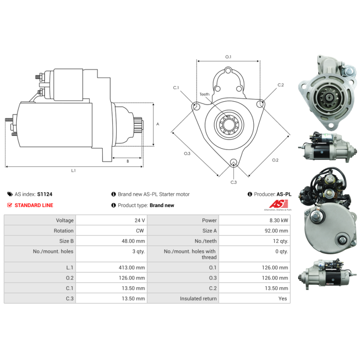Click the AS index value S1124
45,194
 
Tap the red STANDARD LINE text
34,205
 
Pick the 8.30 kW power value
279,220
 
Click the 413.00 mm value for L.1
132,267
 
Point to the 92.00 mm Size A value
276,231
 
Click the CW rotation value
140,231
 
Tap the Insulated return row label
198,298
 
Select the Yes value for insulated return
283,298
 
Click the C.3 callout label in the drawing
234,182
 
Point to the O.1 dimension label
228,57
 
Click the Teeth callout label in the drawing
204,94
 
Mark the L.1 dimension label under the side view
73,171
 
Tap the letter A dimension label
158,124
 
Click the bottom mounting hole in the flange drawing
234,162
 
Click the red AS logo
279,204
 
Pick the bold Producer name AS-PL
284,194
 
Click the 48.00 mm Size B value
133,241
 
